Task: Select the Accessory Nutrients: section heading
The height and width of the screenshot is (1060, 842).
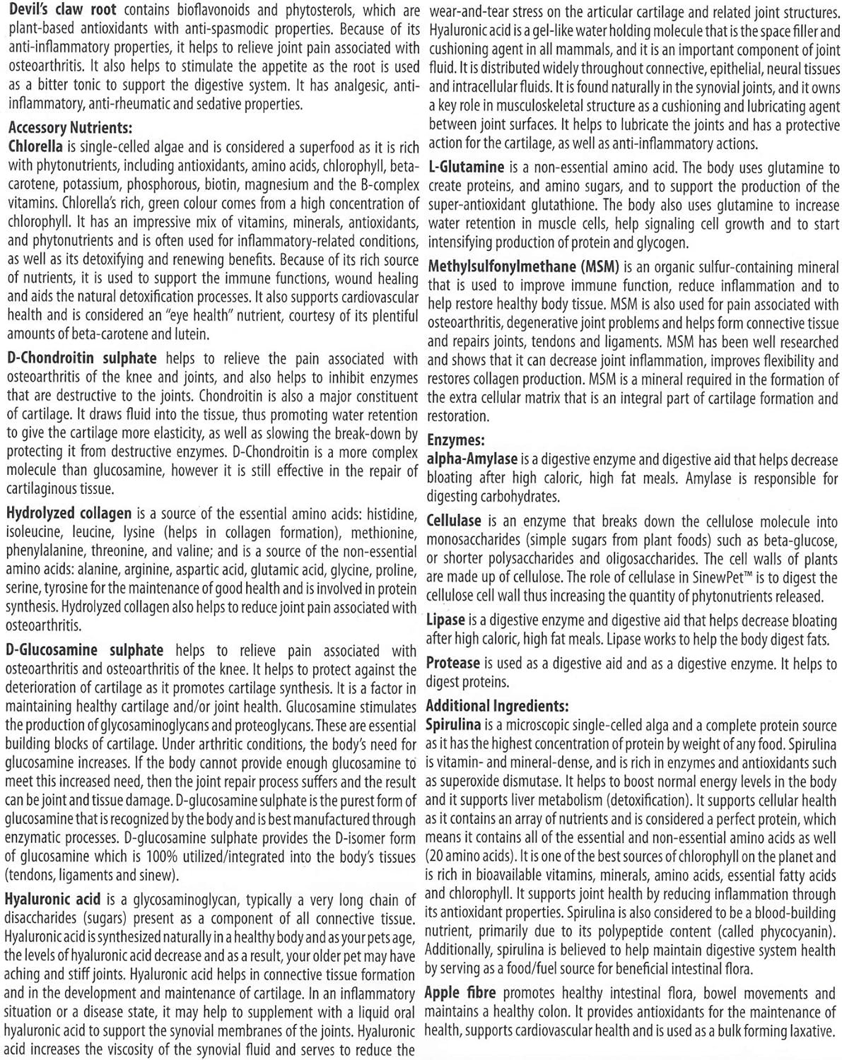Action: point(70,128)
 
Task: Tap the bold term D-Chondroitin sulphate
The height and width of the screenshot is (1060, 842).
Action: point(81,359)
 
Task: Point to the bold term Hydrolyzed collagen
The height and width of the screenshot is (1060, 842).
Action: point(69,512)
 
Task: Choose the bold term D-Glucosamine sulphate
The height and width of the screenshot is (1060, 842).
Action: point(84,649)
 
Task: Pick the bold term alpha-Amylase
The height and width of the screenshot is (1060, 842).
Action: point(472,459)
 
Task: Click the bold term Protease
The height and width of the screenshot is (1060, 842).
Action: point(454,664)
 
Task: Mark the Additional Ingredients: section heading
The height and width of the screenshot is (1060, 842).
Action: point(497,705)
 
